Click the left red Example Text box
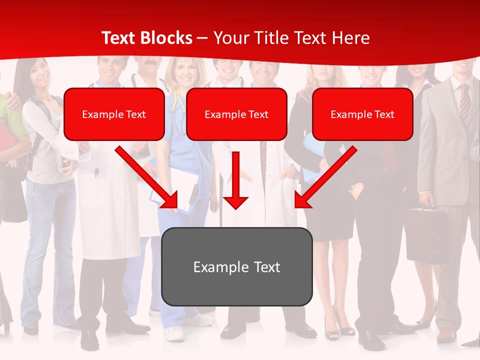tap(114, 114)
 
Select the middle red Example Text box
tap(236, 114)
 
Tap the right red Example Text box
tap(362, 114)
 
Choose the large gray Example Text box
tap(236, 266)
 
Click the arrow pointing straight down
tap(235, 180)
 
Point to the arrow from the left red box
tap(147, 178)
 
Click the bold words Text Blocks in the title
tap(146, 38)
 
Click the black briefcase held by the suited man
tap(426, 235)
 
